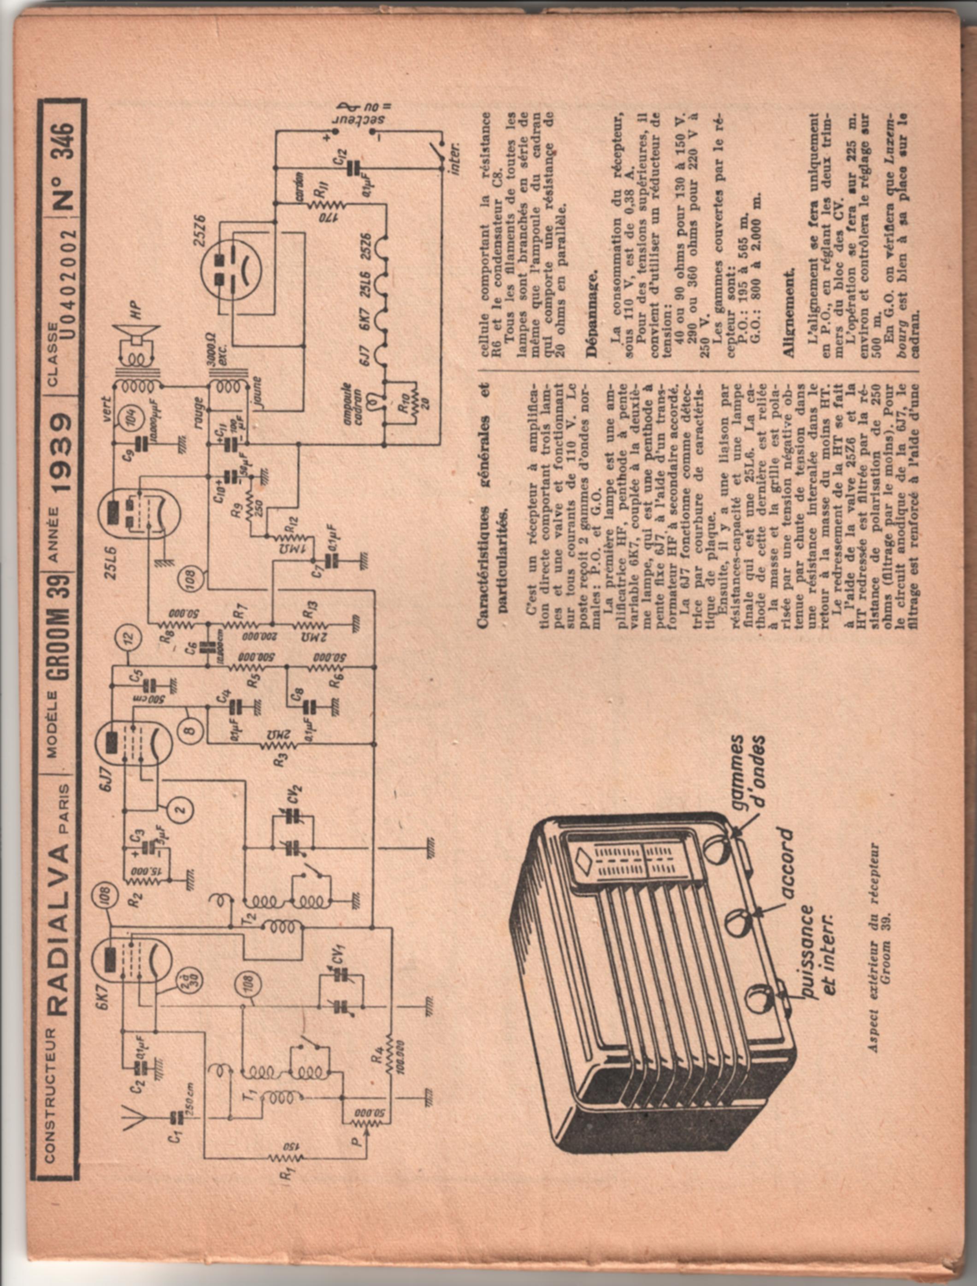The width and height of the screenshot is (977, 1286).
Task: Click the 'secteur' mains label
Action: click(353, 119)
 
